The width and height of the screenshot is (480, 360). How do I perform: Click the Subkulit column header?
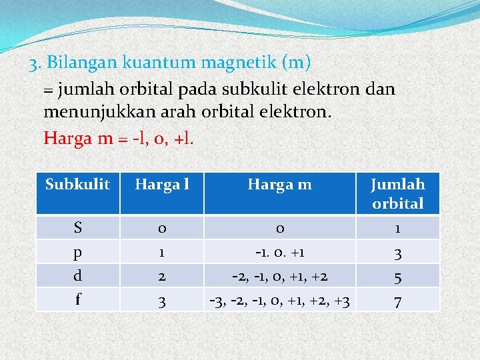pos(77,184)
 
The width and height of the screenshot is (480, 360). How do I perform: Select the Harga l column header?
pos(161,184)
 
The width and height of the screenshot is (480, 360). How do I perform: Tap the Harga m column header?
pos(279,184)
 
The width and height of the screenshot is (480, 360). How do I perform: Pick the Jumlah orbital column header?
pos(397,193)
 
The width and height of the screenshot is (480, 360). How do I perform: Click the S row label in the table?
pos(78,228)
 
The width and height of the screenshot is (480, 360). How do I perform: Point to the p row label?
pos(78,253)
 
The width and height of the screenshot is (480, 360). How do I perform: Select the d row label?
pos(78,275)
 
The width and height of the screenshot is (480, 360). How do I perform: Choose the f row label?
pos(78,299)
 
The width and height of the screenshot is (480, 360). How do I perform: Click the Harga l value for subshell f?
pos(161,301)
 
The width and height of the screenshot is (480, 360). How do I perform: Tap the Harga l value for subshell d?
pos(161,277)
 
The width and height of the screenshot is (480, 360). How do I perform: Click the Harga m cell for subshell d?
pos(279,277)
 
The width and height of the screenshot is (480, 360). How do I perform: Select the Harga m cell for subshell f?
pos(279,301)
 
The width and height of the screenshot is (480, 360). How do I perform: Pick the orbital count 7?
pos(397,301)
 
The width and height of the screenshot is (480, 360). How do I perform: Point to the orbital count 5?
pos(397,277)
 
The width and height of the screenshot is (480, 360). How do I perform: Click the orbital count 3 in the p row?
pos(397,253)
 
